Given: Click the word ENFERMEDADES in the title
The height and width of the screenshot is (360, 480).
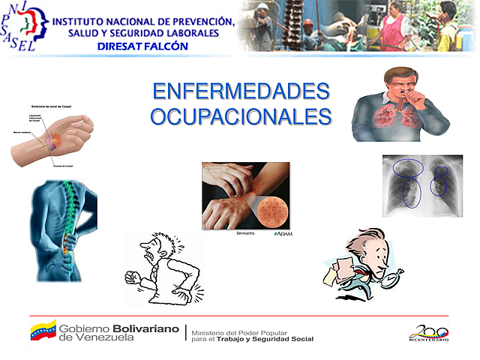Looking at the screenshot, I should pyautogui.click(x=241, y=91).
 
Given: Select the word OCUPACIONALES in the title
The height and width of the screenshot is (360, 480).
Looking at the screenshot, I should pyautogui.click(x=241, y=117).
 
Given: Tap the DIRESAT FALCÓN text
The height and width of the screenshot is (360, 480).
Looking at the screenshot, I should pyautogui.click(x=142, y=46).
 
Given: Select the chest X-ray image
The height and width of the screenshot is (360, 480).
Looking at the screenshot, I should pyautogui.click(x=421, y=185).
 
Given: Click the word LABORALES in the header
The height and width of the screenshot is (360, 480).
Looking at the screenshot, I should pyautogui.click(x=190, y=33).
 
